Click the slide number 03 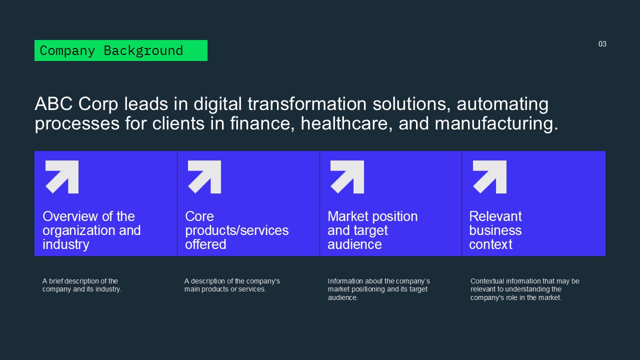point(602,44)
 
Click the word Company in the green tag point(67,51)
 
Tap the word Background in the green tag point(143,51)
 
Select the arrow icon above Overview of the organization point(62,177)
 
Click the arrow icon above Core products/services point(204,177)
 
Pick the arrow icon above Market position point(347,177)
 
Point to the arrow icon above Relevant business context point(489,177)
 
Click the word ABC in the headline point(53,103)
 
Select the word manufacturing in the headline point(496,124)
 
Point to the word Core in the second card point(199,216)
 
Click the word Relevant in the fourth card point(495,216)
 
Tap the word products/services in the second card point(237,231)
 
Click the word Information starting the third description point(345,281)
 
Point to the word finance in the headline point(262,123)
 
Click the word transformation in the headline point(307,103)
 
